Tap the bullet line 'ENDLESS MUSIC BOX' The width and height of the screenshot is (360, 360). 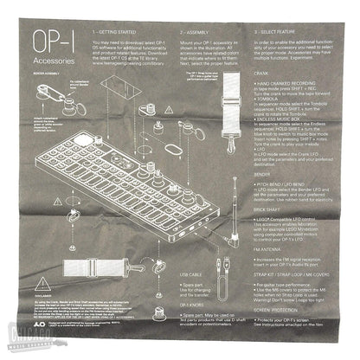[279, 147]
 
